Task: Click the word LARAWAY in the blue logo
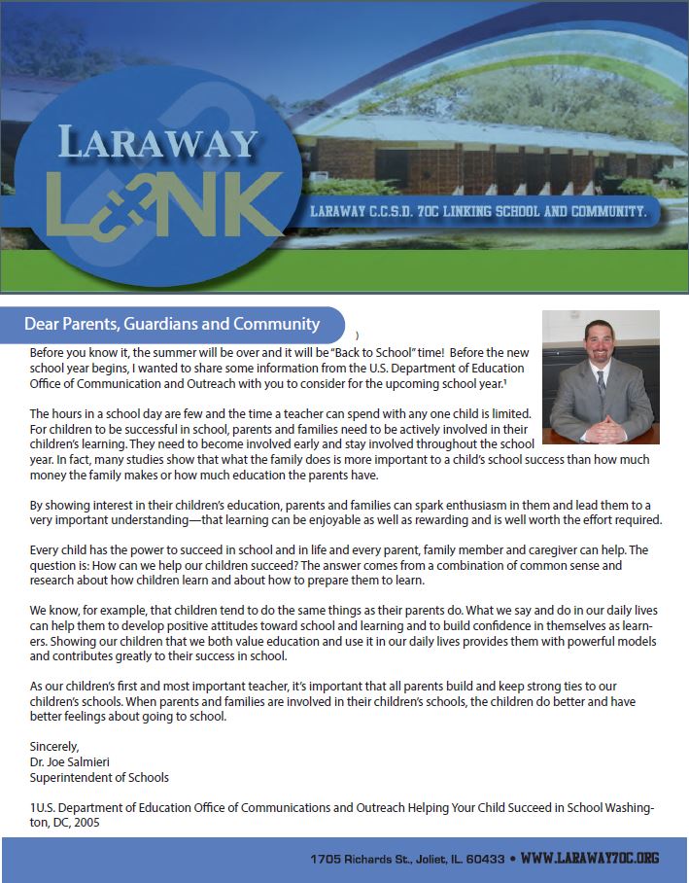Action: (x=158, y=143)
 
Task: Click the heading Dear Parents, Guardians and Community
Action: (x=172, y=324)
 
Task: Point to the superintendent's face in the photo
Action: (x=598, y=345)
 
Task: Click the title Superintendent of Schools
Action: (x=99, y=777)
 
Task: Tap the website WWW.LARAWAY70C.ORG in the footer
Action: (x=590, y=859)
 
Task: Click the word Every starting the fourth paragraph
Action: (x=45, y=549)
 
